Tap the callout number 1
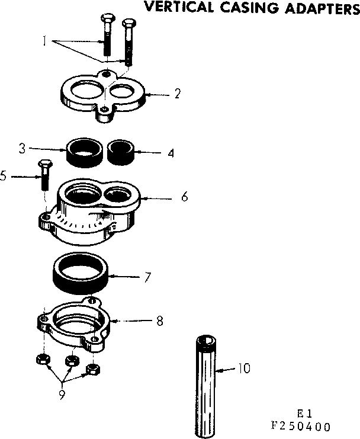coord(44,42)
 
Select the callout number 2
coord(177,93)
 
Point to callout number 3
coord(22,148)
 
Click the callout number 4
coord(171,152)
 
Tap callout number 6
coord(185,197)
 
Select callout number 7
coord(147,277)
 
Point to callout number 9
coord(61,394)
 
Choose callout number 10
coord(243,368)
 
